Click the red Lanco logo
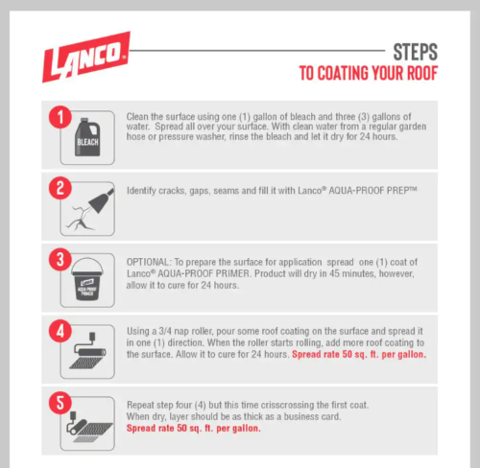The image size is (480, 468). point(86,57)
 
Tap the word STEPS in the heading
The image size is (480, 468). point(415,52)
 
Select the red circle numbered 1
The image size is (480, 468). point(60,117)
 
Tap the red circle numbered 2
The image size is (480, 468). point(60,188)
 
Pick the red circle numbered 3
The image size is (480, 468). point(60,259)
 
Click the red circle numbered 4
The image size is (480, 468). point(60,331)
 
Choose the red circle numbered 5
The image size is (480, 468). point(60,403)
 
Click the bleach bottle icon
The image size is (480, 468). point(87,137)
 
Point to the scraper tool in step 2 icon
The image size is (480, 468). point(101,200)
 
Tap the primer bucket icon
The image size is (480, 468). point(87,279)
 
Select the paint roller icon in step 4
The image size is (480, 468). point(88,351)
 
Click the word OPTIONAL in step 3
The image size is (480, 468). point(148,262)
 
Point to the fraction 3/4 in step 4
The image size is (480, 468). point(165,331)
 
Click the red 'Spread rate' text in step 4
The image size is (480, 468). point(359,355)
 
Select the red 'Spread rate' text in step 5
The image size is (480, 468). point(194,429)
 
